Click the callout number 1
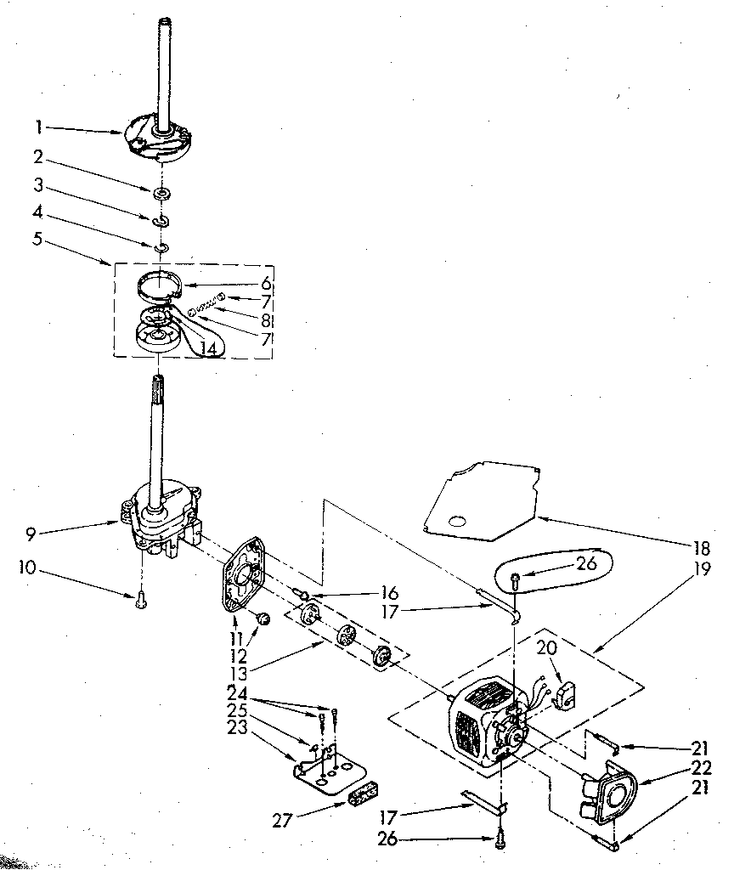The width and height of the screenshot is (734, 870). pos(39,127)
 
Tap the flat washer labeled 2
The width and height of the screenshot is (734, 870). pos(161,195)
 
